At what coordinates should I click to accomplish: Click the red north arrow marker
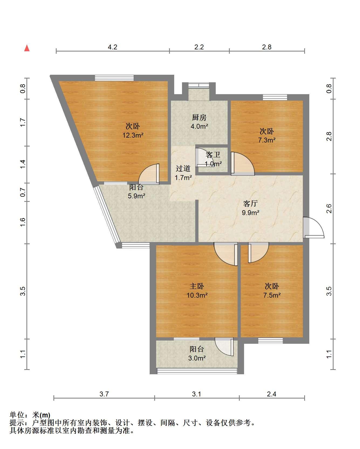click(27, 48)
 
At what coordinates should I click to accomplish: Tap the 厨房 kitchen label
click(199, 117)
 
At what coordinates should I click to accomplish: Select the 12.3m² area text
click(133, 135)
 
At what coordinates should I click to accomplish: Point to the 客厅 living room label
click(251, 203)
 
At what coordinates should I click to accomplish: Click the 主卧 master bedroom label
click(197, 286)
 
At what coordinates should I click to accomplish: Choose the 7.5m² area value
click(272, 295)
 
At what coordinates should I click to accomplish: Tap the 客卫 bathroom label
click(213, 155)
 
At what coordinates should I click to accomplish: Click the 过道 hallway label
click(183, 168)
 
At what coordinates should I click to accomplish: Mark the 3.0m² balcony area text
click(197, 358)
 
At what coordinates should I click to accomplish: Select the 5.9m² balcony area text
click(136, 196)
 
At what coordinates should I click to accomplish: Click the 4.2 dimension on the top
click(112, 47)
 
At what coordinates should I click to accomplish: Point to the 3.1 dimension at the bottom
click(197, 394)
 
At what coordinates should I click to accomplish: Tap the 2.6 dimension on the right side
click(329, 209)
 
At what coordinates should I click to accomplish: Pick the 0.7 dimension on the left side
click(23, 192)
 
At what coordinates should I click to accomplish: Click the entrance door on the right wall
click(313, 227)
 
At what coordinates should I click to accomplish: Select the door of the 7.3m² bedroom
click(242, 164)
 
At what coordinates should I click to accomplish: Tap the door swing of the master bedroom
click(226, 254)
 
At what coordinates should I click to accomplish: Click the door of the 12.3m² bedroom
click(149, 174)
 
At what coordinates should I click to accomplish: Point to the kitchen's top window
click(199, 85)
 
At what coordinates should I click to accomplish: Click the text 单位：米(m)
click(30, 415)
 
